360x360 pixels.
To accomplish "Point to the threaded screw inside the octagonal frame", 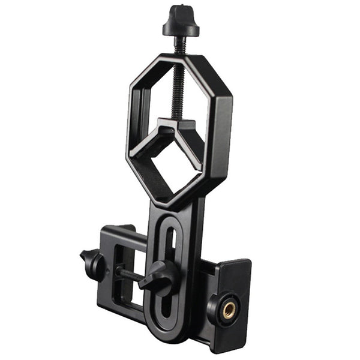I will (178, 90).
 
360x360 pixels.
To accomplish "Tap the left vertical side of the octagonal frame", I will (133, 120).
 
